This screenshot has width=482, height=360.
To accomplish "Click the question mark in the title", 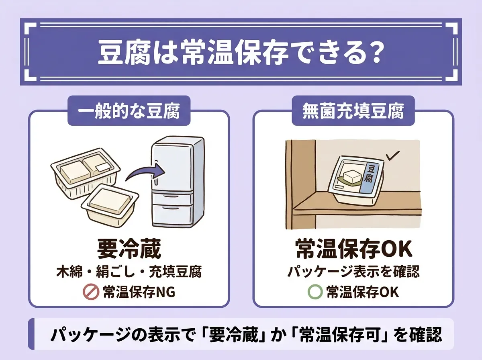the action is (373, 53).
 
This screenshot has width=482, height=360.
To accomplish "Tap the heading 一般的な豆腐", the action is (129, 111).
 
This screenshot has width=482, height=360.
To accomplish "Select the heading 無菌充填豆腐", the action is (353, 111).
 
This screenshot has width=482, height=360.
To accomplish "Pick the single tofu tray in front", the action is (110, 205).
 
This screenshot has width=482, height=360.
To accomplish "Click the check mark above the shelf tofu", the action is (392, 156).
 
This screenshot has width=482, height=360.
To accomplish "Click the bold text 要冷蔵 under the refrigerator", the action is (129, 249).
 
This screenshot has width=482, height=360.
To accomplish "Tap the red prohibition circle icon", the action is (91, 292).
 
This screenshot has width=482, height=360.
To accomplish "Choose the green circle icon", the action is (315, 292).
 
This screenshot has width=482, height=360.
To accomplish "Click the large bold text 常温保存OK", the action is (354, 249).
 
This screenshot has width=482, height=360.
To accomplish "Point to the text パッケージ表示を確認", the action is (353, 272).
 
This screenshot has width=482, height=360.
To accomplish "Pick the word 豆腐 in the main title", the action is (124, 53).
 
